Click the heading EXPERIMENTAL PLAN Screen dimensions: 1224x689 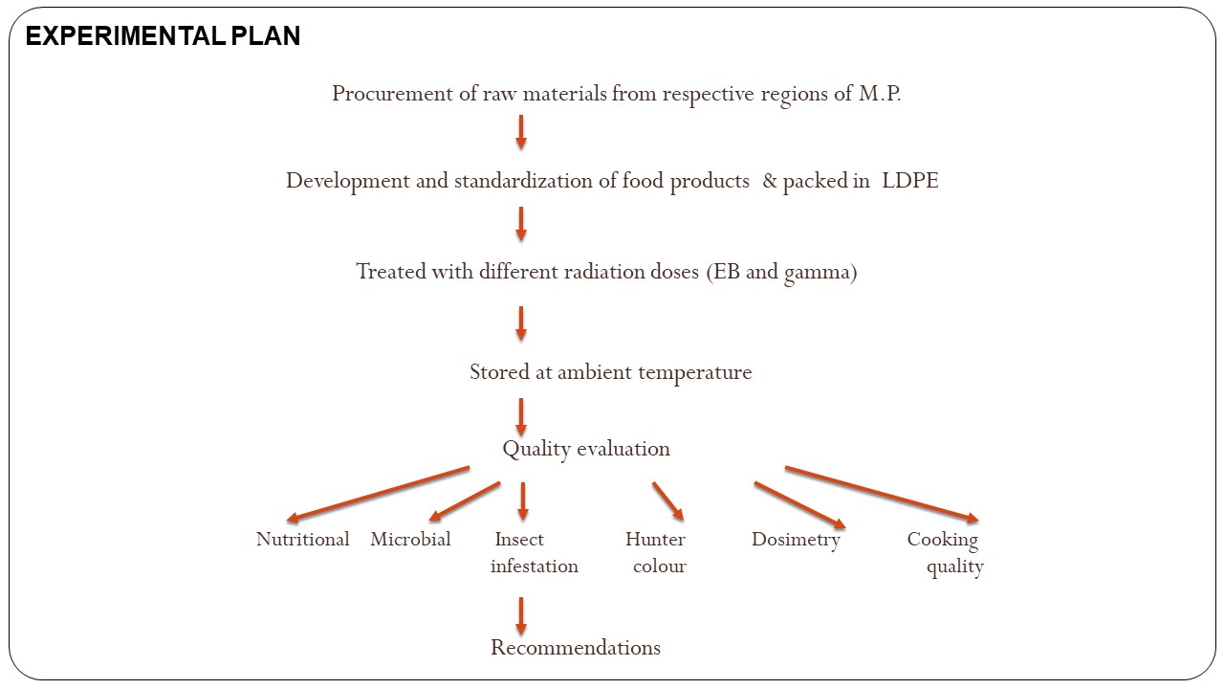pyautogui.click(x=163, y=36)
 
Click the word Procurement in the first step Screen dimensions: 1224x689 pyautogui.click(x=392, y=95)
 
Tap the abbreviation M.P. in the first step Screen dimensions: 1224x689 pyautogui.click(x=879, y=94)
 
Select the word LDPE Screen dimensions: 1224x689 pyautogui.click(x=909, y=181)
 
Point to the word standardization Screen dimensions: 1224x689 pyautogui.click(x=523, y=181)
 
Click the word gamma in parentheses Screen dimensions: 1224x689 pyautogui.click(x=817, y=273)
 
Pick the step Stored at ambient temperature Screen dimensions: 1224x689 pyautogui.click(x=611, y=373)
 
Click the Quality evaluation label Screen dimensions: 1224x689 pyautogui.click(x=586, y=450)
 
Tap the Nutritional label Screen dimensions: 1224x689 pyautogui.click(x=303, y=539)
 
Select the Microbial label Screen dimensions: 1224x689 pyautogui.click(x=410, y=539)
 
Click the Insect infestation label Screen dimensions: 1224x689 pyautogui.click(x=534, y=552)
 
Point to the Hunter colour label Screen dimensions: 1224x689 pyautogui.click(x=656, y=552)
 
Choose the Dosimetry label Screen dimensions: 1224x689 pyautogui.click(x=796, y=540)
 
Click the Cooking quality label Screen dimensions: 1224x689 pyautogui.click(x=946, y=553)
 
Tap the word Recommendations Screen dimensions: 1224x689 pyautogui.click(x=576, y=648)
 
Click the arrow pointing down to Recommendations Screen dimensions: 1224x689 pyautogui.click(x=521, y=616)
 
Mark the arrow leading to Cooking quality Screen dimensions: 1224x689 pyautogui.click(x=882, y=495)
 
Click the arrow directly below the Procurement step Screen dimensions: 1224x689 pyautogui.click(x=521, y=132)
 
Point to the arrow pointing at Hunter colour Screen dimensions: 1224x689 pyautogui.click(x=668, y=500)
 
